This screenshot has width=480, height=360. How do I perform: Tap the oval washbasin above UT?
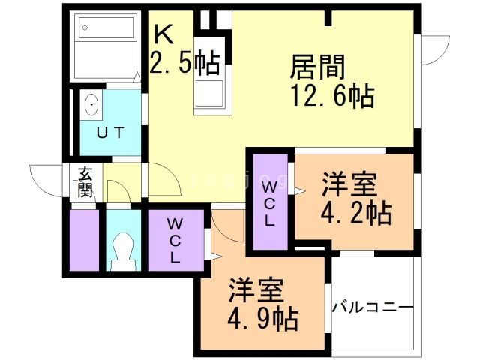[92, 104]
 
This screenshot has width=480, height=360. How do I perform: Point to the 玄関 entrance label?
[84, 184]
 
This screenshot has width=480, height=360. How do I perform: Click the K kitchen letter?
[163, 35]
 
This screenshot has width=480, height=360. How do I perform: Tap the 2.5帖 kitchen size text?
[184, 64]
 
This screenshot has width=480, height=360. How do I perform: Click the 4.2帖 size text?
[355, 212]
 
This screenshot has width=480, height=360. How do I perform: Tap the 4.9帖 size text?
[262, 319]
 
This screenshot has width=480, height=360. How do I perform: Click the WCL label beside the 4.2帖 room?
[270, 202]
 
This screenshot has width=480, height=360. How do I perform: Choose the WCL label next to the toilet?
[174, 240]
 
